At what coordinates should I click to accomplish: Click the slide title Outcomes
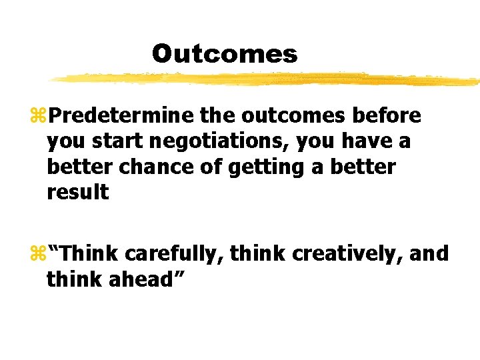point(224,53)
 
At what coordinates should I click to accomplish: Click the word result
point(78,192)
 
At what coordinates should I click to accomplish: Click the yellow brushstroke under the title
point(267,79)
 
